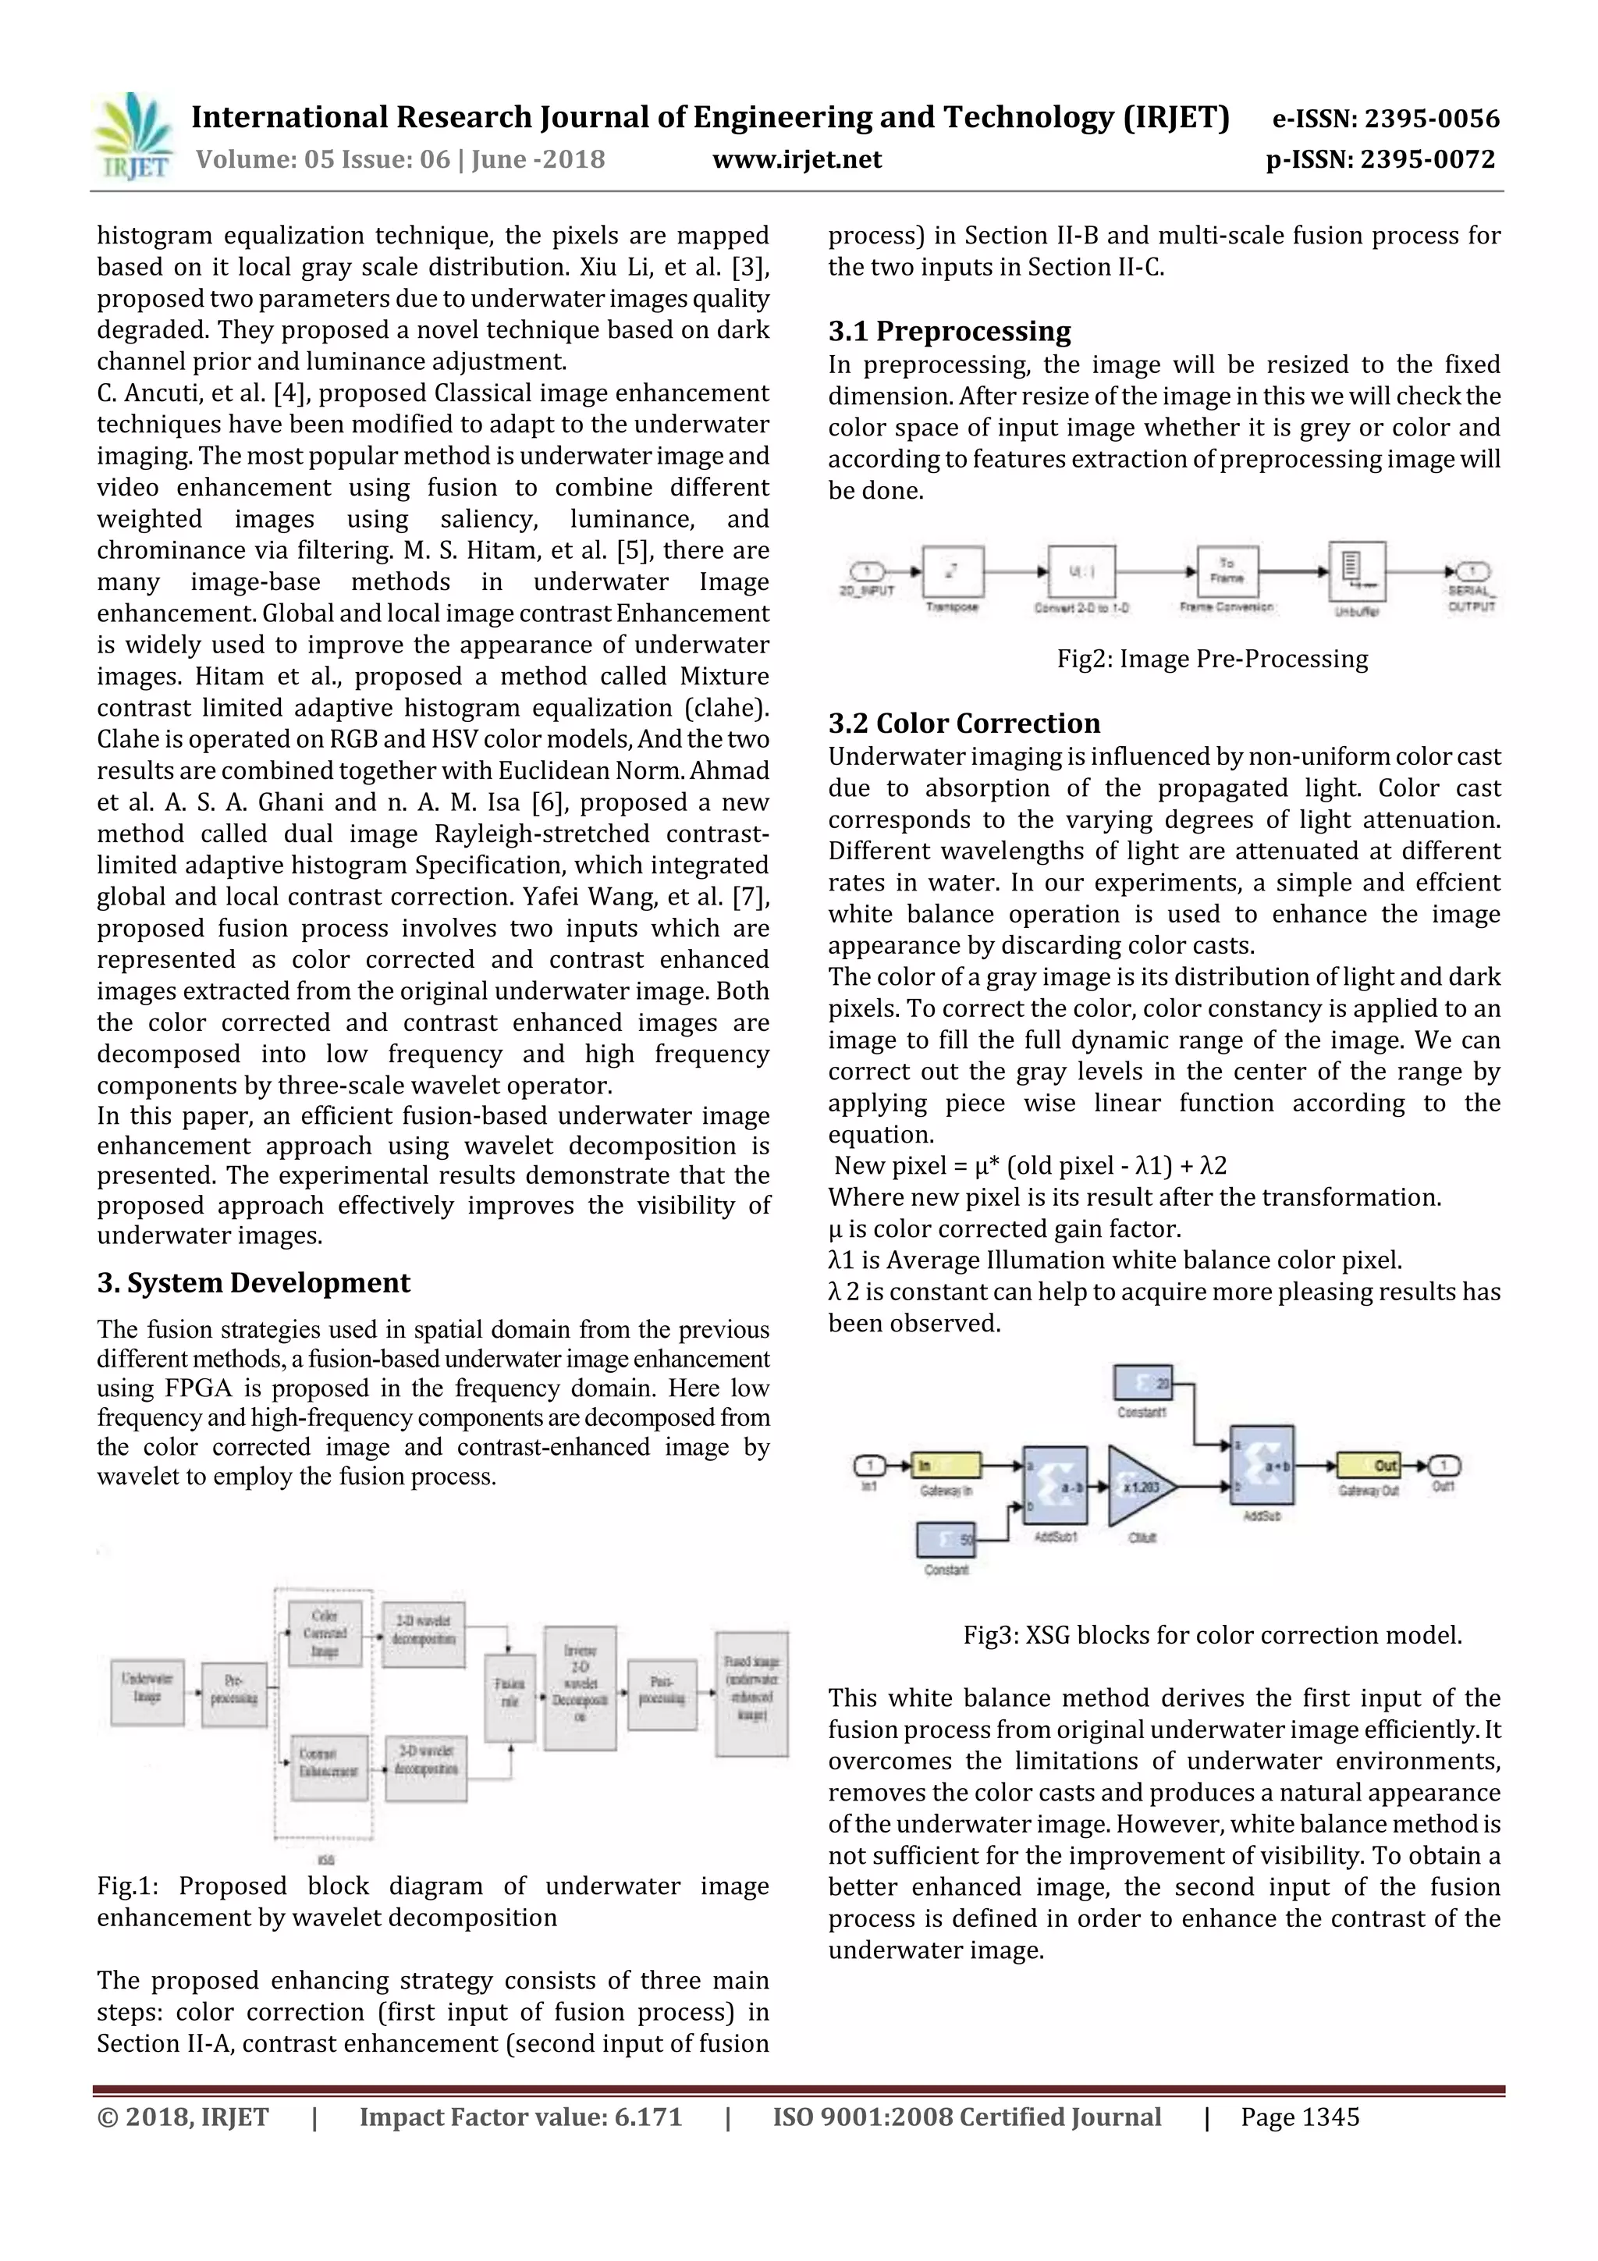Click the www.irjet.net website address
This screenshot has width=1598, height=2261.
797,159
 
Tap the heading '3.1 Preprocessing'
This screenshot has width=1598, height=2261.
949,331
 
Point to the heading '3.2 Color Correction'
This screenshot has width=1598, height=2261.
964,723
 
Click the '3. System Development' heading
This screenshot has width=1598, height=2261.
253,1282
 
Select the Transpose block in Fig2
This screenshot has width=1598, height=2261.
952,572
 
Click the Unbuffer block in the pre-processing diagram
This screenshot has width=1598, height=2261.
1357,571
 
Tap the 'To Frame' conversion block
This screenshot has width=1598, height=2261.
1227,571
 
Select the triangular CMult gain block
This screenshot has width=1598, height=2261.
1139,1486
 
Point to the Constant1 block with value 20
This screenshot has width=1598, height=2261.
1143,1383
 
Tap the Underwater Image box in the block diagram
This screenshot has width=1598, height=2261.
147,1693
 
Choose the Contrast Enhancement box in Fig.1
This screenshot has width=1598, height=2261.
328,1767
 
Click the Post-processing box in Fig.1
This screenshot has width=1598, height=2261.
661,1694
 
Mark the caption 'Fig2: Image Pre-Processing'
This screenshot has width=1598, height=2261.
1212,659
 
